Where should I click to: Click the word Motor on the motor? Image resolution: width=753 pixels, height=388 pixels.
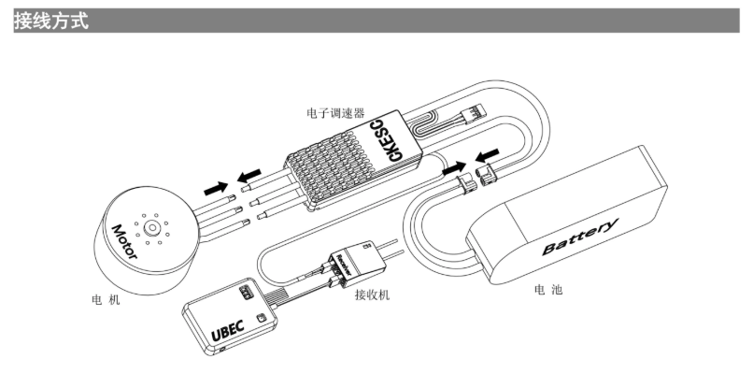click(x=125, y=241)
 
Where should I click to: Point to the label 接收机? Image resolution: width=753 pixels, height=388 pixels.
click(x=372, y=295)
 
